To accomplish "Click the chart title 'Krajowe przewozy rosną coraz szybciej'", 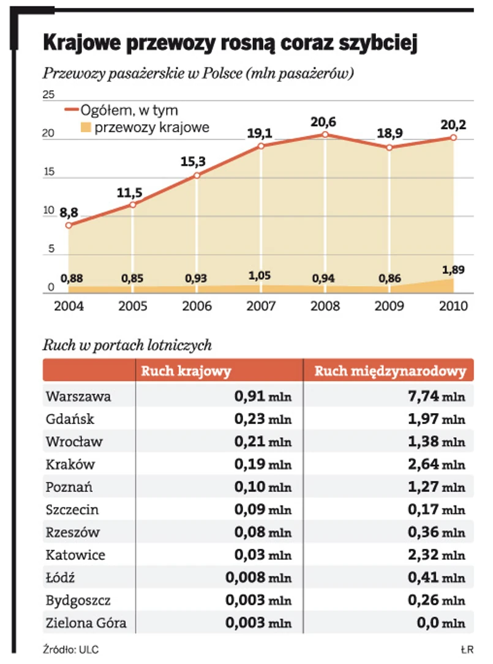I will pos(230,45).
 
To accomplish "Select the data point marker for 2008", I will pos(325,135).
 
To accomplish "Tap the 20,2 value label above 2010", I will pos(454,125).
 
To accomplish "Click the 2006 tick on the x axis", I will pos(197,306).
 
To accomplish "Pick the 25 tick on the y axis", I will pos(48,95).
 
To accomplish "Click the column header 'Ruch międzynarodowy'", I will pos(390,371).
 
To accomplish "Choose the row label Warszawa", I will pos(78,397).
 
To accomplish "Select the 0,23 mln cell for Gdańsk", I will pos(263,419).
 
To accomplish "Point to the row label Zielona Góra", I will pos(86,623).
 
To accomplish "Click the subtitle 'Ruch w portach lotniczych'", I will pos(127,345).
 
